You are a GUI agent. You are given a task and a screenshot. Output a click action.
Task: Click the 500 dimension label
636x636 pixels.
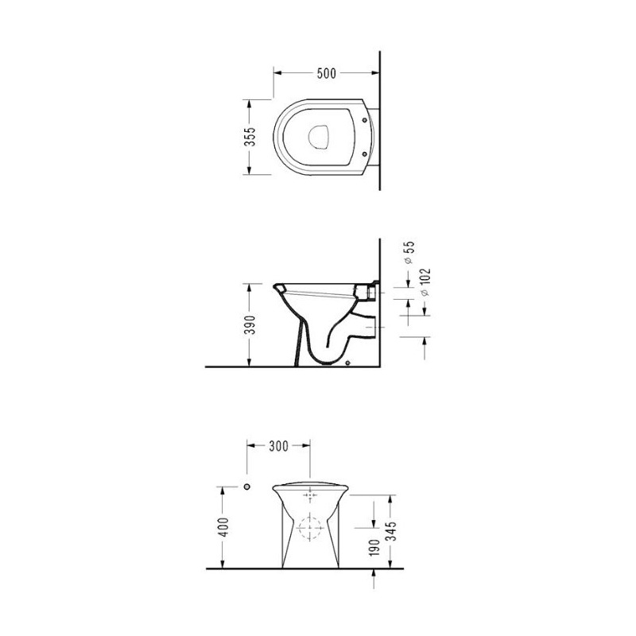point(327,73)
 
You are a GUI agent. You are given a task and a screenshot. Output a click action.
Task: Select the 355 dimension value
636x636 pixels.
point(251,137)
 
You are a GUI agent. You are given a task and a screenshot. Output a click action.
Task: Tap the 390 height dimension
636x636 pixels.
point(251,325)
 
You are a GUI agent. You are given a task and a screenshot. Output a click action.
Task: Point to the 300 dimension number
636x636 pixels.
point(279,446)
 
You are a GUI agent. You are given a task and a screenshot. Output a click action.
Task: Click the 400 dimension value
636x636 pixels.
point(223,526)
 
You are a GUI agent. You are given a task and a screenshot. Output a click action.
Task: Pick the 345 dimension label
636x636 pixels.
point(390,531)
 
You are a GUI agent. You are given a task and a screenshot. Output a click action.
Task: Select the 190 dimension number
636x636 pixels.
point(374,548)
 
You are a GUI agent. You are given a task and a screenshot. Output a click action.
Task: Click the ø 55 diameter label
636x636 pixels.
point(409,252)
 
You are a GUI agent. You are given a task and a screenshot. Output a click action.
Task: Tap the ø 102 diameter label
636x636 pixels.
point(425,282)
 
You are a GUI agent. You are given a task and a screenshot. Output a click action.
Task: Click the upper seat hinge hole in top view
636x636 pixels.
point(364,120)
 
